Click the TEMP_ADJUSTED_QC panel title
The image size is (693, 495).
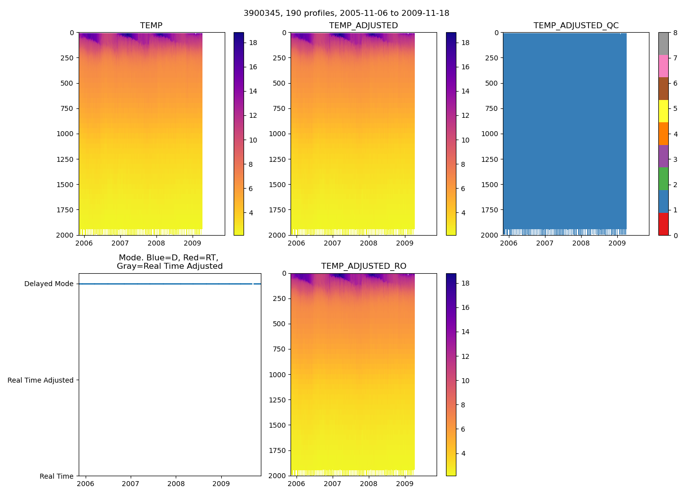[576, 26]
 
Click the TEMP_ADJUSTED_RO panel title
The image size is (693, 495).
[363, 266]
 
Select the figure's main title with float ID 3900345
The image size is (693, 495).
[346, 13]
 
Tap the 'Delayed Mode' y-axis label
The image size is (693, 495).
[49, 284]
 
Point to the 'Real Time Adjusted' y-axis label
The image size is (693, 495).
[40, 380]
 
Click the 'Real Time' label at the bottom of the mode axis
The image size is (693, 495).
[56, 476]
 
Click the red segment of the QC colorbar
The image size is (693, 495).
[663, 224]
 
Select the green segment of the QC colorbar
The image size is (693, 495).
[663, 179]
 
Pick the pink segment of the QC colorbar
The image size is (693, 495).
[663, 66]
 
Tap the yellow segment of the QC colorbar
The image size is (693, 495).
[663, 111]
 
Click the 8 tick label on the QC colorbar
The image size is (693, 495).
[675, 33]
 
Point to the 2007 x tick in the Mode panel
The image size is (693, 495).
[131, 484]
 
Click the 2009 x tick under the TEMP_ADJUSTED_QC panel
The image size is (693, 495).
[617, 243]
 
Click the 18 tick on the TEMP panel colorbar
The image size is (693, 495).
[253, 43]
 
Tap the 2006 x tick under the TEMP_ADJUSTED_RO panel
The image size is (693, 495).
[297, 484]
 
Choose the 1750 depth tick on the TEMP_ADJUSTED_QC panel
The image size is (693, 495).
[490, 210]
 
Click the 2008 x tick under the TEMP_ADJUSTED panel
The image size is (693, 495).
[368, 243]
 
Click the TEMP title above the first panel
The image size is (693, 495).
[151, 26]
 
